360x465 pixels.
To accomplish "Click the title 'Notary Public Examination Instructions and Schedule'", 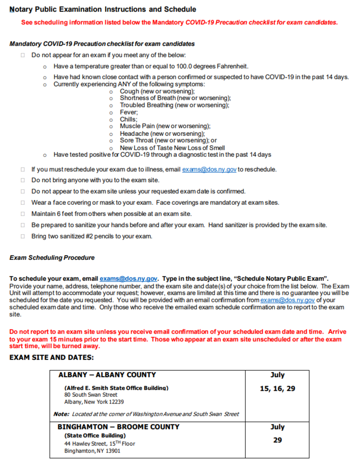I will (103, 9).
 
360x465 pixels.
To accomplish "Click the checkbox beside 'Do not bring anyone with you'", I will (23, 180).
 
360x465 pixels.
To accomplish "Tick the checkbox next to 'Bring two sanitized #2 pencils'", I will (23, 236).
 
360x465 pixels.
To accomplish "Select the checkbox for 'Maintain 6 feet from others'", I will (23, 214).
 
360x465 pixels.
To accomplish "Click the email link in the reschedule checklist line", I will (209, 169).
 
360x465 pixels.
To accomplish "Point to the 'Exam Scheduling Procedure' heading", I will (52, 258).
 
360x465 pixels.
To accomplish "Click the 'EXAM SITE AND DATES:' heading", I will (51, 357).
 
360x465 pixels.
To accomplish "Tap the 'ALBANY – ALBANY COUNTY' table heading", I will (107, 375).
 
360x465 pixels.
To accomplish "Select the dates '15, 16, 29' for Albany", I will (277, 389).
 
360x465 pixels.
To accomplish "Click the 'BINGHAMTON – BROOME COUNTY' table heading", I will (119, 427).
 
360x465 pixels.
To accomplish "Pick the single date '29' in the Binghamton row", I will (277, 440).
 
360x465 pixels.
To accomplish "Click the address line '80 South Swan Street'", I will (91, 395).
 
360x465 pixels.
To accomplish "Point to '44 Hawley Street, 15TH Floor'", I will (99, 444).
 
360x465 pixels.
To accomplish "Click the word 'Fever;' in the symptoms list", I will (129, 112).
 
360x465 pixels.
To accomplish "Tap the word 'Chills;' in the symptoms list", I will (128, 119).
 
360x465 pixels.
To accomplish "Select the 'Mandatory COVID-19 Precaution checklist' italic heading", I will (102, 44).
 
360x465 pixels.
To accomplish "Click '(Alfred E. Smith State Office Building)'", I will (116, 388).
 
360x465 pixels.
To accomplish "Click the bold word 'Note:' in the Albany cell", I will (62, 414).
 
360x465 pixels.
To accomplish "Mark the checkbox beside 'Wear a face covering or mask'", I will (23, 203).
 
